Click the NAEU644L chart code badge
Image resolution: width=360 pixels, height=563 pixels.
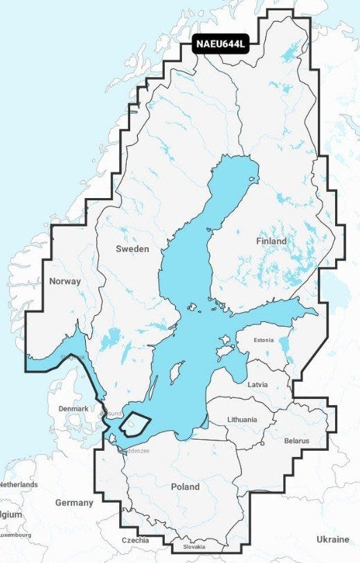coord(221,45)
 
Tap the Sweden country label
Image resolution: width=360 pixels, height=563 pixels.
coord(132,249)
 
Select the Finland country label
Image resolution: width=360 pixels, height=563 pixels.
coord(271,241)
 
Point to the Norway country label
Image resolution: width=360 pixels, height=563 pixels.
coord(65,281)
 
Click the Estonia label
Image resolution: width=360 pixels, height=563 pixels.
coord(263,340)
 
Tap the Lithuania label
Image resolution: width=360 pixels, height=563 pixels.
coord(242,420)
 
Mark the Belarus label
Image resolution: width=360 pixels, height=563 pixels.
coord(297,440)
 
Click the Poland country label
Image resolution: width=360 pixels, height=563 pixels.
coord(185,487)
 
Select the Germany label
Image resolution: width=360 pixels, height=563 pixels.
coord(74,503)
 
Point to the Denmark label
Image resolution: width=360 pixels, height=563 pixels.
coord(73,409)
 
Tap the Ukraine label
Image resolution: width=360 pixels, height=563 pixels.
coord(333,539)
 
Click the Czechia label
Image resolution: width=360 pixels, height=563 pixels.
coord(135,540)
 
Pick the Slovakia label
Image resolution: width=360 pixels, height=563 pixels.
coord(194,547)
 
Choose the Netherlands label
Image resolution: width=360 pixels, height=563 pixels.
coord(19,485)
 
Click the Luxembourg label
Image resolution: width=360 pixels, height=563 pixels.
coord(16,535)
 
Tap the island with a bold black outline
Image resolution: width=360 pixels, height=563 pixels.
coord(135,422)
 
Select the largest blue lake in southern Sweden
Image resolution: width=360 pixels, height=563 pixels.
coord(109,339)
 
